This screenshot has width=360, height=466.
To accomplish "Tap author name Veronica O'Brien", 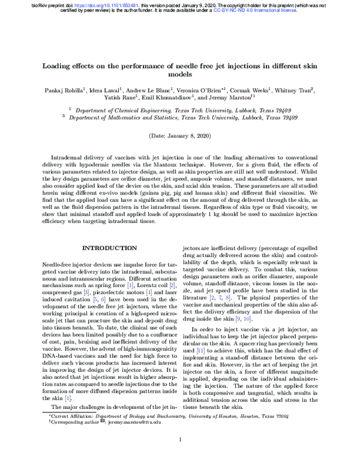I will click(x=193, y=91).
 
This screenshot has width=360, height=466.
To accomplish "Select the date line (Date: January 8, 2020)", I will click(x=180, y=136).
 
